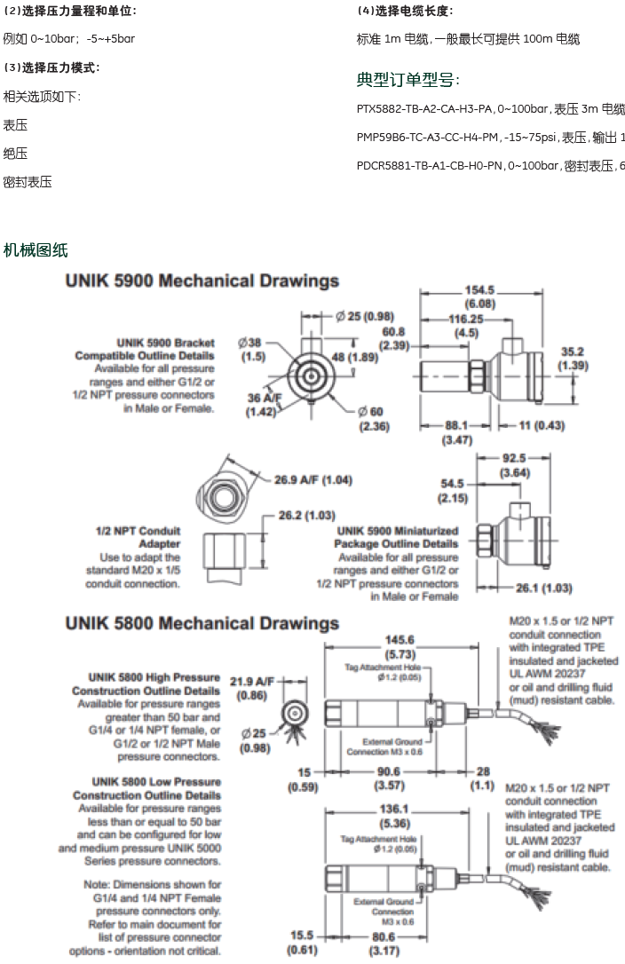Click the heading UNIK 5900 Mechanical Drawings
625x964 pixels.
pos(202,281)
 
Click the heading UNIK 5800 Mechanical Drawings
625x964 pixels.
pos(202,623)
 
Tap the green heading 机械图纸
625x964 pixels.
pos(36,250)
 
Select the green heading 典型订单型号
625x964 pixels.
pos(407,80)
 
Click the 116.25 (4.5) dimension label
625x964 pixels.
pos(467,325)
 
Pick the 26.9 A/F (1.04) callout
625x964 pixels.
pos(312,480)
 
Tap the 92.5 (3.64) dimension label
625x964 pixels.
pos(514,464)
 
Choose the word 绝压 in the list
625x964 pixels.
pos(15,154)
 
